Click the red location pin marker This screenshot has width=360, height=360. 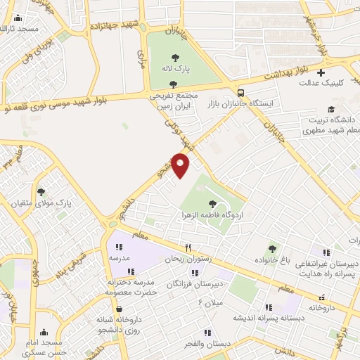click(x=181, y=165)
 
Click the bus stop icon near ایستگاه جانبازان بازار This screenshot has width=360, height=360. click(x=241, y=93)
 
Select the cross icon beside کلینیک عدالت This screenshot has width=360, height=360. click(x=321, y=72)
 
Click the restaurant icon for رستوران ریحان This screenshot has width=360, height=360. click(x=188, y=247)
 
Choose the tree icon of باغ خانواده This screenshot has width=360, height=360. click(x=272, y=248)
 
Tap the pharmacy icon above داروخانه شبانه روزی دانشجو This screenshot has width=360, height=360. click(x=118, y=309)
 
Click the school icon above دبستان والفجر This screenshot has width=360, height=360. click(x=207, y=332)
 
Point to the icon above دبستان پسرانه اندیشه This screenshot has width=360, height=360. click(x=268, y=307)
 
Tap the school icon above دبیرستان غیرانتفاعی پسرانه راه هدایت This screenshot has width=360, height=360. click(x=326, y=252)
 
